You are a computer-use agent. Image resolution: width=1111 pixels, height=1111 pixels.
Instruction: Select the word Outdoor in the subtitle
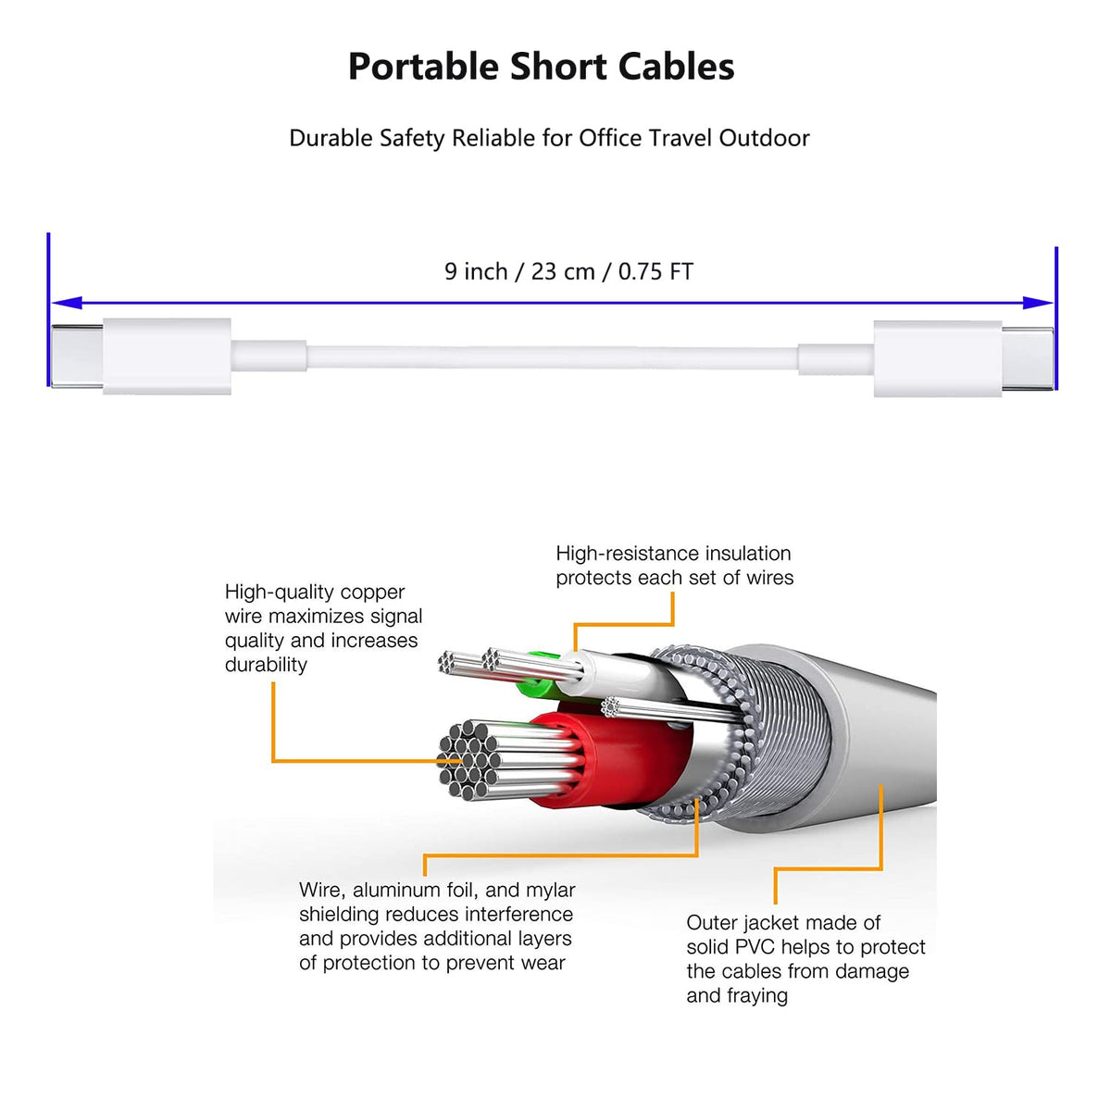763,138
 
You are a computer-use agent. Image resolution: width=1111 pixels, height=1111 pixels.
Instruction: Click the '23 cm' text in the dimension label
562,271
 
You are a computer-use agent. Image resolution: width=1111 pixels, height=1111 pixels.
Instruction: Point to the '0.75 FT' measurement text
655,271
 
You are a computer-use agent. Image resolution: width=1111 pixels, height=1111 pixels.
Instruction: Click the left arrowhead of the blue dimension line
67,303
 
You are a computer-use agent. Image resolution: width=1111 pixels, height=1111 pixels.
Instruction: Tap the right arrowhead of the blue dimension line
1037,303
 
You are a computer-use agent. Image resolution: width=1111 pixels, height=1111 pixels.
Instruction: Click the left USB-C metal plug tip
77,356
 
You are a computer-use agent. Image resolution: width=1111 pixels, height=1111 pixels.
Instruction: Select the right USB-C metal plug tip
1027,358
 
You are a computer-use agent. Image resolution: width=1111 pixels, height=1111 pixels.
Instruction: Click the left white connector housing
168,356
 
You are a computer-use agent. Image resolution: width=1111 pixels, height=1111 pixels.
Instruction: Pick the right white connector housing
938,358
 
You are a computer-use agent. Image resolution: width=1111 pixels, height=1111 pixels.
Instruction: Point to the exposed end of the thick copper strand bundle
467,760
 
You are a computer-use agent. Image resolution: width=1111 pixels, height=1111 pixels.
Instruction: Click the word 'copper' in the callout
372,593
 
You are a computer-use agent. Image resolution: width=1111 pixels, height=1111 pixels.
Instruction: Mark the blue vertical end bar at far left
48,309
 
